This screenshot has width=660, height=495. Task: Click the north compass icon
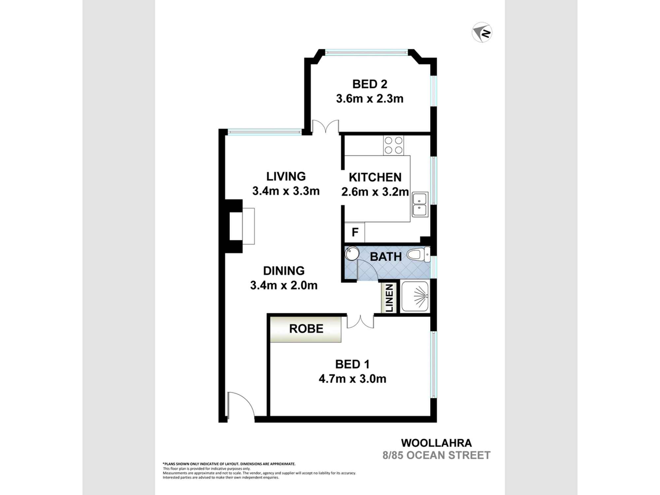[x=482, y=32]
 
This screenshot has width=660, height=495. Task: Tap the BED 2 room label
[x=370, y=84]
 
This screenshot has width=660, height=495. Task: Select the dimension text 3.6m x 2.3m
[x=370, y=99]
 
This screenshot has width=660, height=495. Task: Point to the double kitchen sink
[x=420, y=204]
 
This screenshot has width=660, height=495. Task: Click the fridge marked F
[x=355, y=232]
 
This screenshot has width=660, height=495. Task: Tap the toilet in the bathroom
[x=418, y=255]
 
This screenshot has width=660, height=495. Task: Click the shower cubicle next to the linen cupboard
[x=415, y=296]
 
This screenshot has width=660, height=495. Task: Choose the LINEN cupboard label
[x=389, y=298]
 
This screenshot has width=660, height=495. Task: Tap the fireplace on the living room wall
[x=242, y=226]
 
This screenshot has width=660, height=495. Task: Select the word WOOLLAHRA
[x=436, y=443]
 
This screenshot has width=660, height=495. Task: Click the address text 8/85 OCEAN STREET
[x=436, y=455]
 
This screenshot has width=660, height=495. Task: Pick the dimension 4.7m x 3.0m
[x=352, y=379]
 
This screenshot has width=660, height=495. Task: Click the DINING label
[x=283, y=271]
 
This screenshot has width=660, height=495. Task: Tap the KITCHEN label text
[x=375, y=177]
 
